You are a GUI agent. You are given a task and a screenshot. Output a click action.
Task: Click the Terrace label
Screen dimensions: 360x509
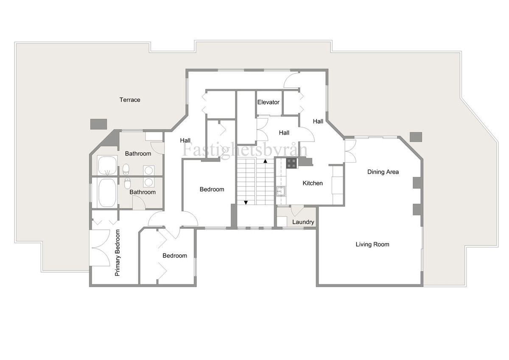pyautogui.click(x=130, y=100)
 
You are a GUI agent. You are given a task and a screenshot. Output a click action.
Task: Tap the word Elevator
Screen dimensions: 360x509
pyautogui.click(x=268, y=102)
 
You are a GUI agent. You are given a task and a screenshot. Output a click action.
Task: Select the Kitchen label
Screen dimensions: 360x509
pyautogui.click(x=313, y=183)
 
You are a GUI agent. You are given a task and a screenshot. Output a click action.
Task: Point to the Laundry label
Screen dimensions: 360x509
pyautogui.click(x=303, y=222)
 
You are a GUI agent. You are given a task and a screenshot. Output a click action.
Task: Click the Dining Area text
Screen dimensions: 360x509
pyautogui.click(x=383, y=172)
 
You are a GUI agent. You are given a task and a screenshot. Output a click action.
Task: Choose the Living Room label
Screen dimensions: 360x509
pyautogui.click(x=372, y=245)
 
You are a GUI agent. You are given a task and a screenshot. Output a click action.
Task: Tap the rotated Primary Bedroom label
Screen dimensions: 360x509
pyautogui.click(x=117, y=253)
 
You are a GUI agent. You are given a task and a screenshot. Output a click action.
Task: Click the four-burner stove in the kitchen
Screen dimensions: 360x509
pyautogui.click(x=292, y=163)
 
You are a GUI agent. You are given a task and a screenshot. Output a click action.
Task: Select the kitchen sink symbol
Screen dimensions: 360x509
pyautogui.click(x=280, y=191)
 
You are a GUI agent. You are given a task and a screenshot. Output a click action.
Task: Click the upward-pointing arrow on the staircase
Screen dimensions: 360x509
pyautogui.click(x=265, y=161)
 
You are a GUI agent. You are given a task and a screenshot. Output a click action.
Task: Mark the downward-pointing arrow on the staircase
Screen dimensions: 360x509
pyautogui.click(x=246, y=202)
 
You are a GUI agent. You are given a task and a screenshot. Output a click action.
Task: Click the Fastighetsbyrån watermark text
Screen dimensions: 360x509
pyautogui.click(x=245, y=150)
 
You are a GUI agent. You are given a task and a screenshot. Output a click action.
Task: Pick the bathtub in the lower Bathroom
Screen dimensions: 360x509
pyautogui.click(x=107, y=193)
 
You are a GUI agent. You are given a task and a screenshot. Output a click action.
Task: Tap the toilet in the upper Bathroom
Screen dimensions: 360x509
pyautogui.click(x=126, y=170)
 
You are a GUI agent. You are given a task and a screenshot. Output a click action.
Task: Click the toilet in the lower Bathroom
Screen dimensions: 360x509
pyautogui.click(x=127, y=183)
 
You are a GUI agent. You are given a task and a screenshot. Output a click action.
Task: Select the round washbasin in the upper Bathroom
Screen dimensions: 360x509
pyautogui.click(x=149, y=170)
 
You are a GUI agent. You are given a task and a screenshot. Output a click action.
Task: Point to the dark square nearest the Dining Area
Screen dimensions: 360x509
pyautogui.click(x=416, y=137)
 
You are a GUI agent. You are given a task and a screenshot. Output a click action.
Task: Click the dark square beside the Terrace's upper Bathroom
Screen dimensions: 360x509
pyautogui.click(x=97, y=124)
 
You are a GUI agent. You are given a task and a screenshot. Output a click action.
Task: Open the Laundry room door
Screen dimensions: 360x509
pyautogui.click(x=297, y=210)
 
